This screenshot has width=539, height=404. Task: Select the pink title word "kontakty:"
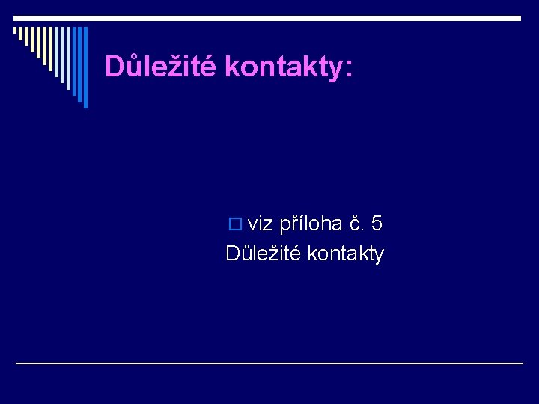click(287, 67)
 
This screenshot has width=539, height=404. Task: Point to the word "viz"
click(261, 224)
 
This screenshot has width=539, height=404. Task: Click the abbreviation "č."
click(356, 224)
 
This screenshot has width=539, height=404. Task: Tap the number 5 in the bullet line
click(377, 223)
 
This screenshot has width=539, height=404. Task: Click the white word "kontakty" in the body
click(346, 254)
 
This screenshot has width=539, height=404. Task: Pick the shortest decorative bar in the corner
click(15, 31)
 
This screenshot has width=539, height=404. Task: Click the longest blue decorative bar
click(85, 67)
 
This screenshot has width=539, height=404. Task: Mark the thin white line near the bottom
click(269, 363)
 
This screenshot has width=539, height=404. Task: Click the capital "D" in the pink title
click(114, 67)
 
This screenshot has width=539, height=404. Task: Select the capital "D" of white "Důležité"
click(232, 254)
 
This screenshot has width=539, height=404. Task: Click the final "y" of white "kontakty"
click(379, 256)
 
